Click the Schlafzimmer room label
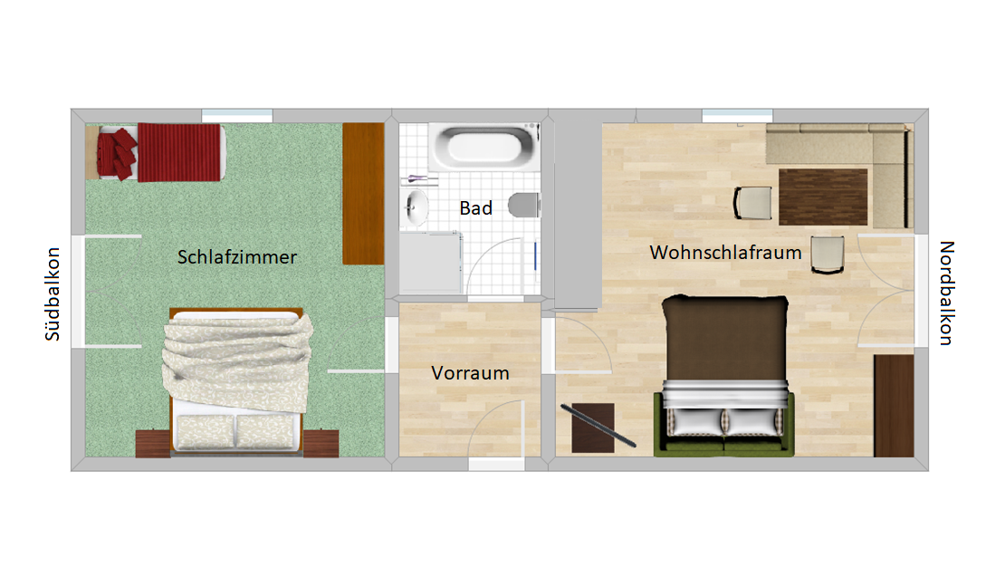point(237,257)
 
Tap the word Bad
point(475,207)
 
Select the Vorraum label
point(470,372)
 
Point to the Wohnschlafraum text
point(725,253)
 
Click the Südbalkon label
point(53,294)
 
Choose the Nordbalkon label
point(947,293)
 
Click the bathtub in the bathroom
point(483,147)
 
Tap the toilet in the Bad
point(524,206)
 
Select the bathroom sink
point(416,207)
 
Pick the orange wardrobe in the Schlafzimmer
point(363,194)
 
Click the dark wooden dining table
point(823,197)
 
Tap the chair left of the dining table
point(753,203)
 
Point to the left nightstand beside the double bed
point(153,444)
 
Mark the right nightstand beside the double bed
point(321,444)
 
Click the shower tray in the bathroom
point(430,263)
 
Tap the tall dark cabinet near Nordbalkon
point(894,406)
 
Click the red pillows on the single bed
point(118,153)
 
